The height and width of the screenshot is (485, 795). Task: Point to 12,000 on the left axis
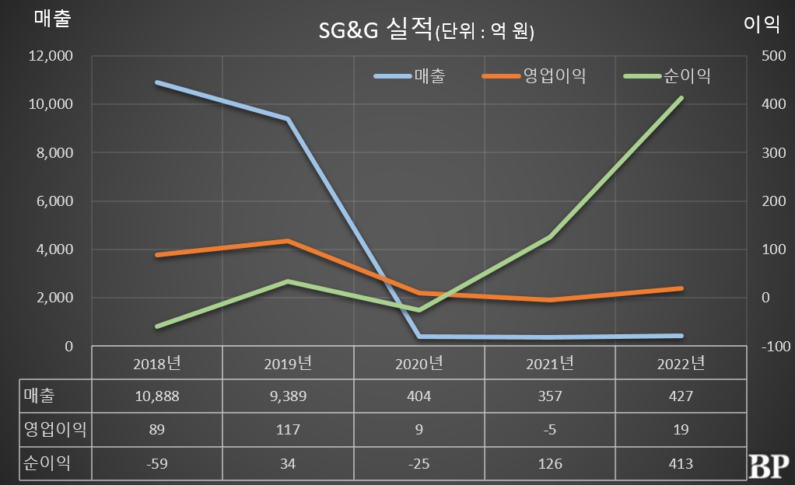point(51,56)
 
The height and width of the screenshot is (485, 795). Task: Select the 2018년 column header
point(157,363)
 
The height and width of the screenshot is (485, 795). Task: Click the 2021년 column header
point(550,363)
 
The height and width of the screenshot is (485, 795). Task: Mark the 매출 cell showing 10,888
point(156,396)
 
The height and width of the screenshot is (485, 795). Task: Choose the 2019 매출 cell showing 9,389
point(288,396)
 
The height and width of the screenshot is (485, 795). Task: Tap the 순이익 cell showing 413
point(681,464)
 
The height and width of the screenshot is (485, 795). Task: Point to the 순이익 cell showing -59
point(156,464)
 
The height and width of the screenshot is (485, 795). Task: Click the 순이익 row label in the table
point(47,464)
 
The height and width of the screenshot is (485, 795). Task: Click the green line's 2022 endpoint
point(681,98)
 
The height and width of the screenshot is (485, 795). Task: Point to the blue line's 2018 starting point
point(157,82)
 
